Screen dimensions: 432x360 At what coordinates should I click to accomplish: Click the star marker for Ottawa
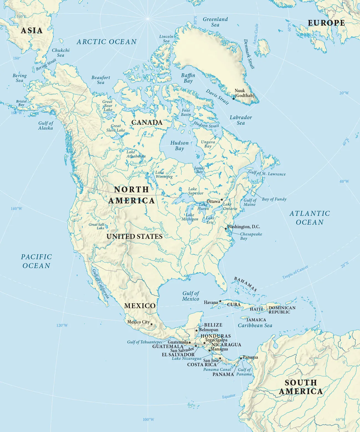(222, 199)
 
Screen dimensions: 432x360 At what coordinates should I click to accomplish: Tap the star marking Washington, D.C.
(226, 228)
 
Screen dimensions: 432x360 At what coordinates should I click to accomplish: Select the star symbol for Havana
(220, 301)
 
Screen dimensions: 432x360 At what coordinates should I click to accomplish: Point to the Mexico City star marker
(151, 324)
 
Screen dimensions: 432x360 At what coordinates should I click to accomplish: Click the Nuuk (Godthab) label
(244, 93)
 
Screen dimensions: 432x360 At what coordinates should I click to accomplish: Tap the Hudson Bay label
(179, 146)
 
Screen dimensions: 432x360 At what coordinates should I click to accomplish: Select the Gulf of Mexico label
(191, 296)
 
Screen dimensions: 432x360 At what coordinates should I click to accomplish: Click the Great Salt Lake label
(97, 226)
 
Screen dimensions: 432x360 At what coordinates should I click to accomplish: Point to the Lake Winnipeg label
(164, 174)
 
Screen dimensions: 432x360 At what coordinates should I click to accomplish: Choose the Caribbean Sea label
(255, 325)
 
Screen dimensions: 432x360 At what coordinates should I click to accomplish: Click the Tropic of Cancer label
(295, 272)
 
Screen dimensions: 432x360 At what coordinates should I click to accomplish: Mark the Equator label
(229, 396)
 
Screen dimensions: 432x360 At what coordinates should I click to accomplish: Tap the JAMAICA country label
(256, 320)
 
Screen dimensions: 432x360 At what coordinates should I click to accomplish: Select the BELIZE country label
(213, 325)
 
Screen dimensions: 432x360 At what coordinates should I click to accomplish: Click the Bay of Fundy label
(274, 199)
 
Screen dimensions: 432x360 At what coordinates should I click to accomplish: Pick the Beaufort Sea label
(101, 80)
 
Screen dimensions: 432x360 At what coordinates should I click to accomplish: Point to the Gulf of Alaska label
(46, 125)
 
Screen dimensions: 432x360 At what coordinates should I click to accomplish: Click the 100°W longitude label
(148, 419)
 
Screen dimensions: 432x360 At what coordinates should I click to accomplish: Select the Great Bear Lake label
(108, 106)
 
